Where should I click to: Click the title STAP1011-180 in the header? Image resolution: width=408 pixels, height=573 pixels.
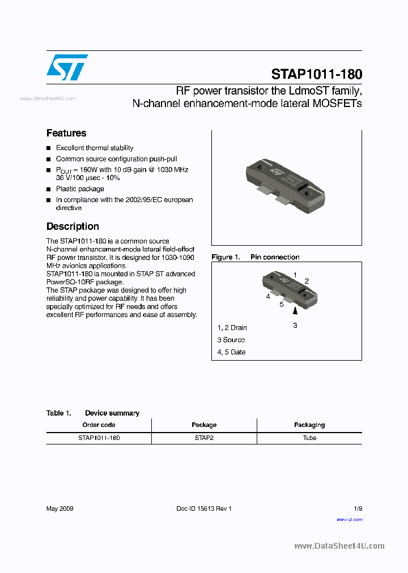click(x=316, y=74)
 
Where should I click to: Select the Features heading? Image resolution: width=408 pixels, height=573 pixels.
click(x=66, y=133)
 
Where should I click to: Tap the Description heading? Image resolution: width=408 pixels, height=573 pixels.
click(x=73, y=226)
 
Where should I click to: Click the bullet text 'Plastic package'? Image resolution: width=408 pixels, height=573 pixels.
click(x=80, y=189)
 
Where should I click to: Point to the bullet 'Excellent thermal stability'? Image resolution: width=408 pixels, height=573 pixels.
click(x=95, y=148)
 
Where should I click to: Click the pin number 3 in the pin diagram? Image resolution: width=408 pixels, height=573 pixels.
click(x=295, y=326)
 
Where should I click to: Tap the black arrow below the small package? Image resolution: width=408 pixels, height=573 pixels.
click(x=295, y=311)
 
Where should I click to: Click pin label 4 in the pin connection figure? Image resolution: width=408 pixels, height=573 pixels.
click(x=268, y=296)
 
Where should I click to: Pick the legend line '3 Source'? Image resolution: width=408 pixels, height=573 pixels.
click(x=231, y=340)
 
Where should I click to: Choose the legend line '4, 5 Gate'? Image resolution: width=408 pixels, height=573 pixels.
click(x=231, y=352)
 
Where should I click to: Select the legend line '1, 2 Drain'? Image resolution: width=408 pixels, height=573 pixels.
click(x=232, y=327)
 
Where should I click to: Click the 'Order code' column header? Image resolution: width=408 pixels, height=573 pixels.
click(x=99, y=425)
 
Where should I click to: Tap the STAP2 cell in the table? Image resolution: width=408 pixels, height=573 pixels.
click(x=204, y=438)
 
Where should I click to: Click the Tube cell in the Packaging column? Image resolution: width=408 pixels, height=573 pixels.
click(x=309, y=438)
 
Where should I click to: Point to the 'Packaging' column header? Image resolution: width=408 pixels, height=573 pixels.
click(x=309, y=425)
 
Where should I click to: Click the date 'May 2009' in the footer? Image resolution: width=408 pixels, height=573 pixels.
click(x=59, y=508)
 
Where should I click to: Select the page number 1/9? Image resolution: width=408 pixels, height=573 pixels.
click(x=357, y=508)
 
